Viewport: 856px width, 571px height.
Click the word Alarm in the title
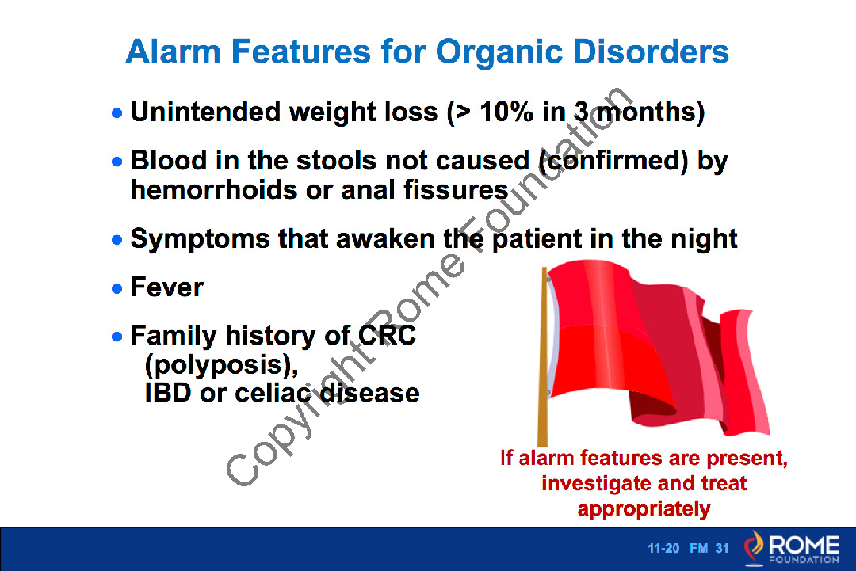coord(173,51)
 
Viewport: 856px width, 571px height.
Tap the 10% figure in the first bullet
coord(506,112)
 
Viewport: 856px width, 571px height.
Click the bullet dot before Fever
coord(117,288)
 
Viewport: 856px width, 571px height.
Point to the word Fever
coord(166,287)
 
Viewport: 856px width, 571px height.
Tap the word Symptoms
coord(200,239)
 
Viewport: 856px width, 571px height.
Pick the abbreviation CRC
coord(387,336)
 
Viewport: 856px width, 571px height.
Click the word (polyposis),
coord(222,365)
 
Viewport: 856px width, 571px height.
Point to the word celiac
coord(273,394)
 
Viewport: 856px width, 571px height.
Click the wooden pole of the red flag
coord(543,356)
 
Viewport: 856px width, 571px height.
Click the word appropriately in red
coord(644,509)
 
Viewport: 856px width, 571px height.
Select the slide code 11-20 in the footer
coord(663,548)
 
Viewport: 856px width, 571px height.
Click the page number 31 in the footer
coord(722,548)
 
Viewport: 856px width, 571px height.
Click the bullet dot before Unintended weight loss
coord(117,113)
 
